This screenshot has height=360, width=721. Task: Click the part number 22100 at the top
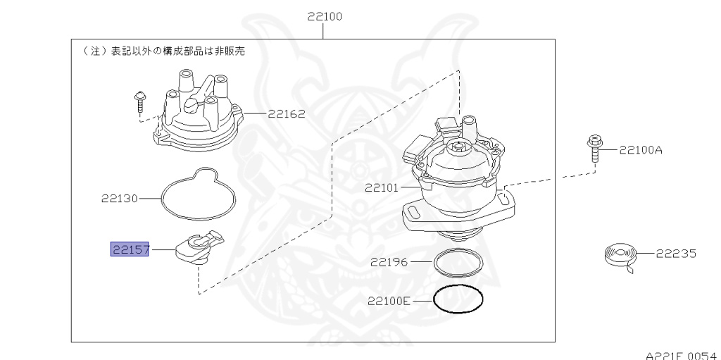[x=325, y=16]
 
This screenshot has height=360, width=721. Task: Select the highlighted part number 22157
[x=130, y=249]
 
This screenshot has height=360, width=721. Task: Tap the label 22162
[x=286, y=113]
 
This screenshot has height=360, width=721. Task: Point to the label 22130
[x=120, y=199]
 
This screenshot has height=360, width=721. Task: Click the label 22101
[x=382, y=188]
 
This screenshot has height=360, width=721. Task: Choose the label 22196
[x=389, y=262]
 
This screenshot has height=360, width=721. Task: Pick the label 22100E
[x=389, y=301]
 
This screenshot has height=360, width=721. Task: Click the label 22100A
[x=641, y=150]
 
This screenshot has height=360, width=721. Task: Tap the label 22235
[x=676, y=254]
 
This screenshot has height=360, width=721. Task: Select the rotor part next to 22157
[x=198, y=247]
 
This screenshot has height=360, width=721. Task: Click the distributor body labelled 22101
[x=458, y=183]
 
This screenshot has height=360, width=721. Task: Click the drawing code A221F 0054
[x=680, y=354]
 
